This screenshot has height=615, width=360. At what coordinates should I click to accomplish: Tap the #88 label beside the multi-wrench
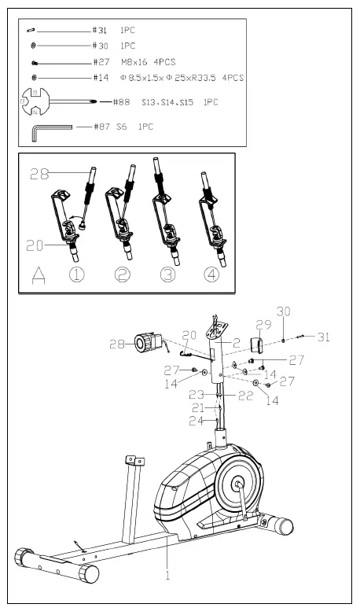[120, 102]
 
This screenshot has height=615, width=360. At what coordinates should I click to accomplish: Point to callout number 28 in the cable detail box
[40, 175]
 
